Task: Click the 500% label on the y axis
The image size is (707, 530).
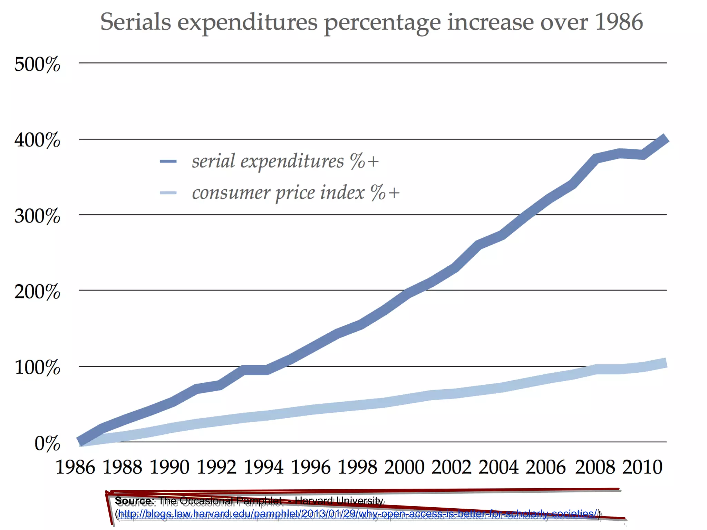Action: pos(37,64)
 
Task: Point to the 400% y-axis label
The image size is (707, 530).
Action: pos(37,140)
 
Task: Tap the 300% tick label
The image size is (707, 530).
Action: pos(37,216)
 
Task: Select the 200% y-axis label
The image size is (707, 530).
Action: pos(37,292)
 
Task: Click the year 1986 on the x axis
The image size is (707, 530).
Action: pos(75,467)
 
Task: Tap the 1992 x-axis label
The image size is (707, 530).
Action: pos(216,467)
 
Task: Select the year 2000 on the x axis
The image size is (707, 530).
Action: pos(404,467)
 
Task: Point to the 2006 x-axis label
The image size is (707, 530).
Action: pos(546,467)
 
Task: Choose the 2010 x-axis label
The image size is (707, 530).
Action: pos(642,467)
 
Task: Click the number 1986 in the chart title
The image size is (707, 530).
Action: pos(619,22)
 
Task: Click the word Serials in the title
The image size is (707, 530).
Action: pos(135,22)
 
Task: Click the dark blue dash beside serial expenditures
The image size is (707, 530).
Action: pos(168,161)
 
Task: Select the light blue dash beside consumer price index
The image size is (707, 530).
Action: pos(168,193)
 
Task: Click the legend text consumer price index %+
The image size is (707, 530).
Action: pos(296,193)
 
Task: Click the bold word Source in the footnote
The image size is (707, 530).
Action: pos(134,500)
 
